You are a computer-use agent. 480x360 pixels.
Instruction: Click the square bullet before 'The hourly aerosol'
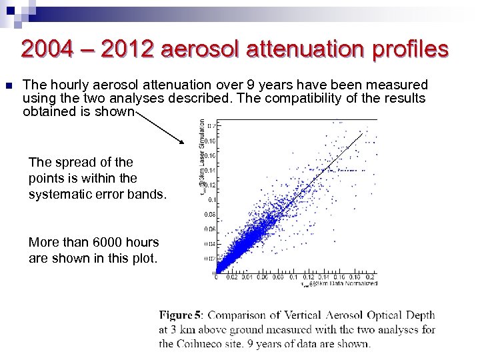pyautogui.click(x=8, y=85)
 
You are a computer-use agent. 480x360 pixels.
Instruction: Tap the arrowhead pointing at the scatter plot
pyautogui.click(x=181, y=141)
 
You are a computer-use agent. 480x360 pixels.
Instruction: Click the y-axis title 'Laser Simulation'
pyautogui.click(x=202, y=143)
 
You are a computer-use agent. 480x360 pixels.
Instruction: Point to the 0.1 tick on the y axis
pyautogui.click(x=211, y=199)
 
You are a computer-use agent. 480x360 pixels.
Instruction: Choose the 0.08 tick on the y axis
pyautogui.click(x=210, y=214)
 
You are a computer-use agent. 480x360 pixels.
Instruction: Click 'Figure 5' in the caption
pyautogui.click(x=175, y=315)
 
